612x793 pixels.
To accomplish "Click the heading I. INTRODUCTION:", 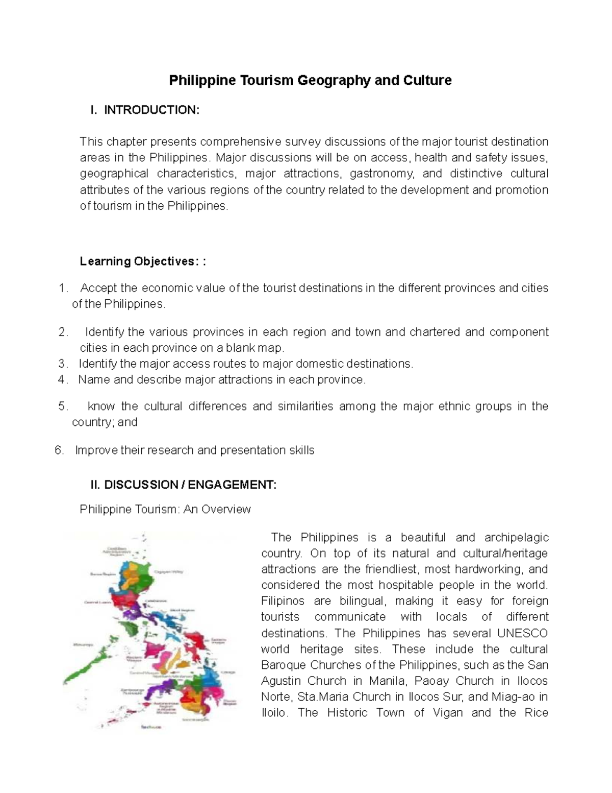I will (x=145, y=110).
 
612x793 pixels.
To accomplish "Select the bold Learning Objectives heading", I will (x=143, y=261).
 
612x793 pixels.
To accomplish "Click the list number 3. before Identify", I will (x=63, y=364).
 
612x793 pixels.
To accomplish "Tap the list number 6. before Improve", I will (x=59, y=450).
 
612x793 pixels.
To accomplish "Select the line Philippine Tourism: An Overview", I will (x=165, y=509).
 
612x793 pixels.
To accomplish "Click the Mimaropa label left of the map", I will (x=84, y=644).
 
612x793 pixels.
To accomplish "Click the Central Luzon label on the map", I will (x=98, y=602).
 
